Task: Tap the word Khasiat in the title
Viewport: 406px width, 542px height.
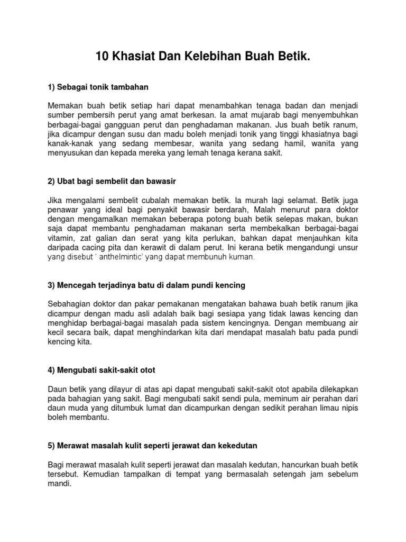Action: (x=135, y=57)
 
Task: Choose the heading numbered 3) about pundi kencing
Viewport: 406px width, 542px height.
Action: (x=146, y=285)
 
